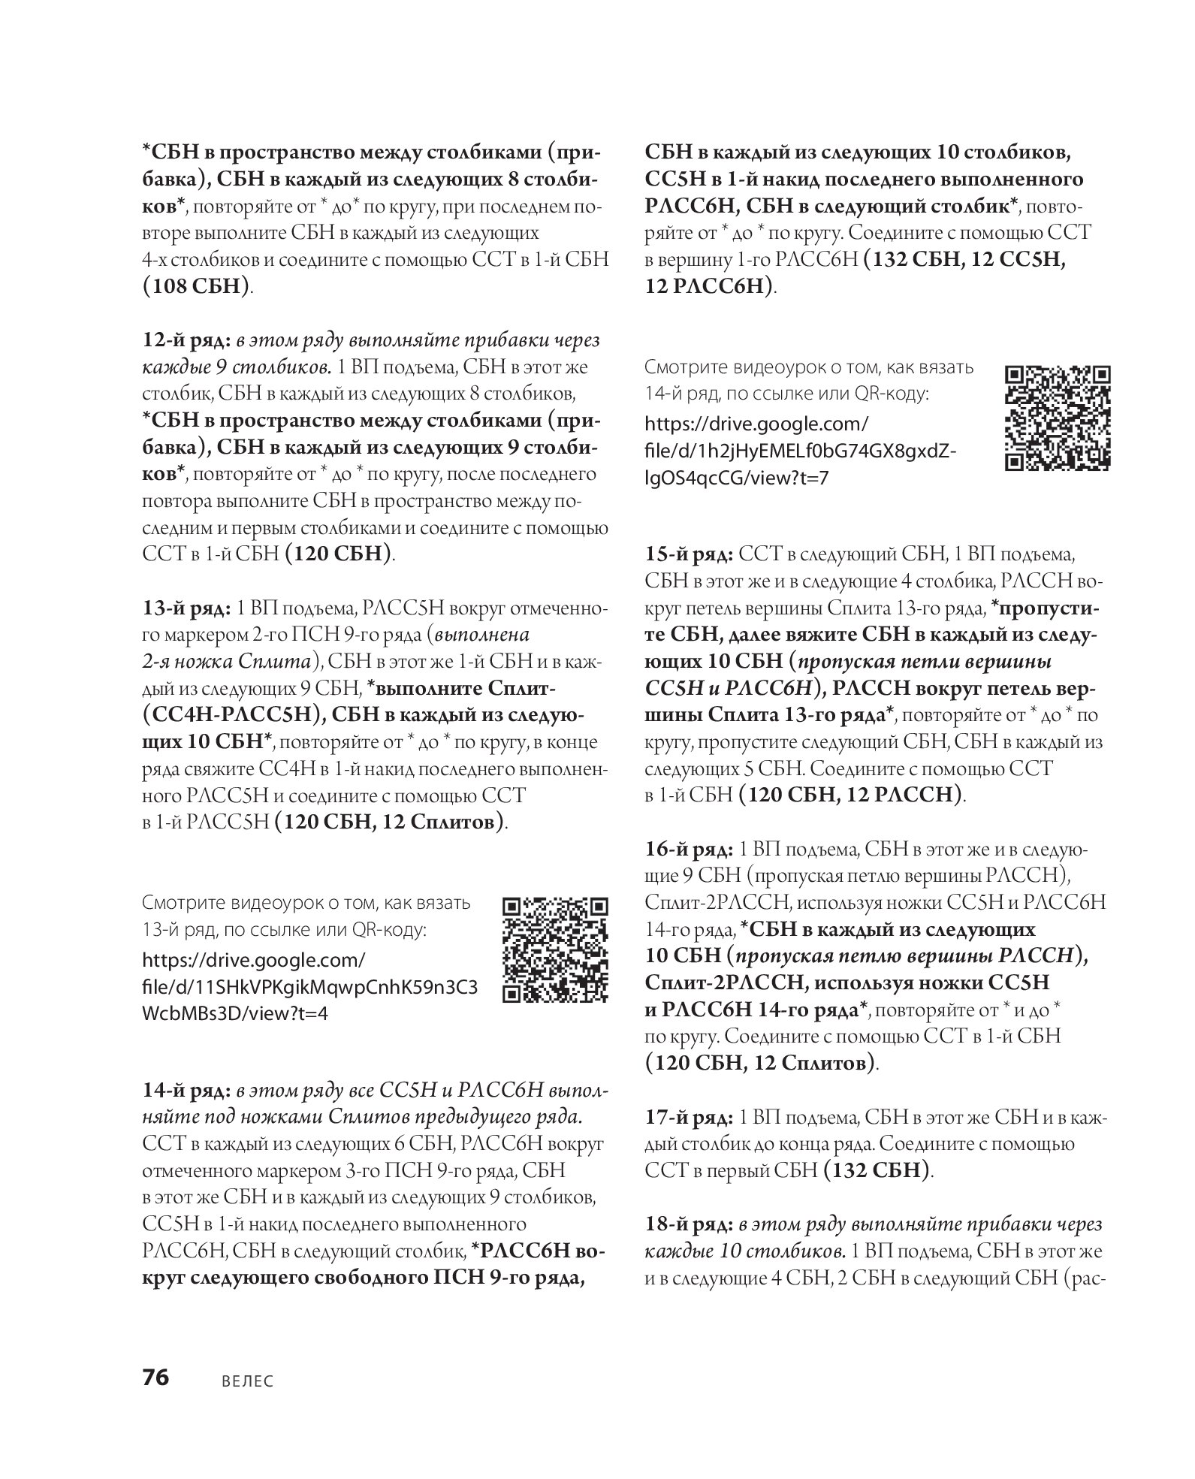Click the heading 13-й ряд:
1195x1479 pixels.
pos(187,608)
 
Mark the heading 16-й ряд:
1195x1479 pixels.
pos(690,850)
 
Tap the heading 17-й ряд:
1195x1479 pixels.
pos(690,1117)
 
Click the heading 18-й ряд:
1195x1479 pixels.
pos(690,1224)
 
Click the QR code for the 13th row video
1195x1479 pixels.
pos(554,950)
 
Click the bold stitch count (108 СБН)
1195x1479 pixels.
pos(196,286)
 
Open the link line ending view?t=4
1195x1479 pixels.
pos(234,1013)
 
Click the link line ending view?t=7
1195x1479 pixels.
pos(738,477)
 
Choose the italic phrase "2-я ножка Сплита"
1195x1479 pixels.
pos(228,661)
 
